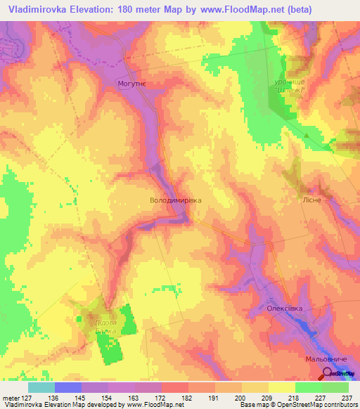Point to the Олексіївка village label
(x=285, y=308)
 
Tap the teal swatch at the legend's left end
(x=41, y=387)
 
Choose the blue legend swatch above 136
(x=67, y=387)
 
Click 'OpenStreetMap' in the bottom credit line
(x=297, y=405)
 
